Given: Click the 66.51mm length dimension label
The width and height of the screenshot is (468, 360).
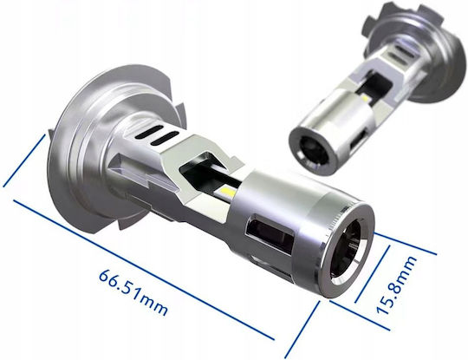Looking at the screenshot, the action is (x=133, y=292).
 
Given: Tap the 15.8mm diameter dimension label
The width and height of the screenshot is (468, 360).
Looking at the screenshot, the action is (x=397, y=285).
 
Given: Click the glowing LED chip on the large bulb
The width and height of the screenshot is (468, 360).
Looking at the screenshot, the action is (x=226, y=190).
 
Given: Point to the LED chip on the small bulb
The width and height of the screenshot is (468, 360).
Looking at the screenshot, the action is (x=366, y=98).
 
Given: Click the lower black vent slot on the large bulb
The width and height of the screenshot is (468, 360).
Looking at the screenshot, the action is (x=164, y=139).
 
